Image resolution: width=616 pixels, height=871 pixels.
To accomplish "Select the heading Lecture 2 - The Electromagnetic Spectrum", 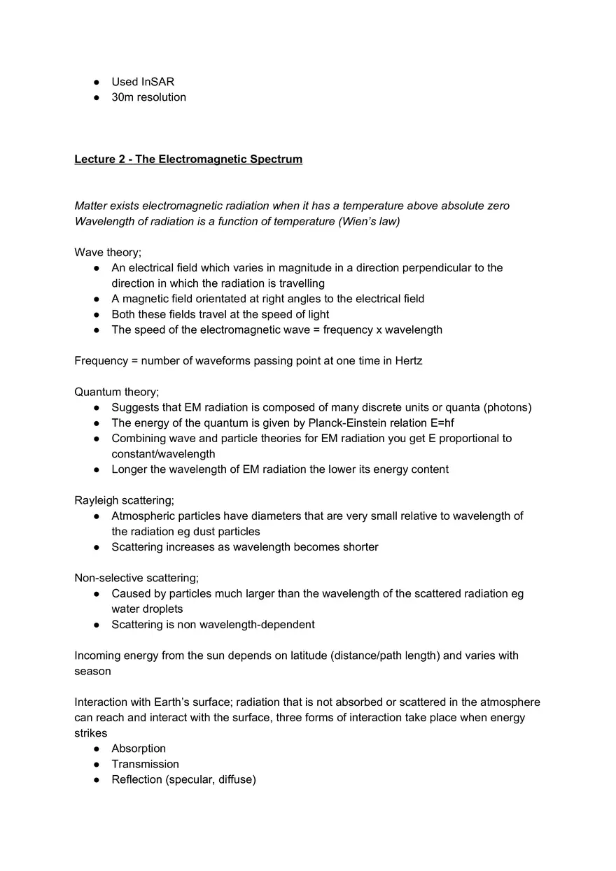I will tap(188, 160).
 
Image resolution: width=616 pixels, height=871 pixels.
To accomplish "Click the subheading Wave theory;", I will tap(108, 253).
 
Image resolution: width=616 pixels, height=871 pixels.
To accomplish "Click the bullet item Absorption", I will tap(139, 749).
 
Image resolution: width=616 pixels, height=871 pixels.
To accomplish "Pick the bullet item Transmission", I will tap(145, 764).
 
